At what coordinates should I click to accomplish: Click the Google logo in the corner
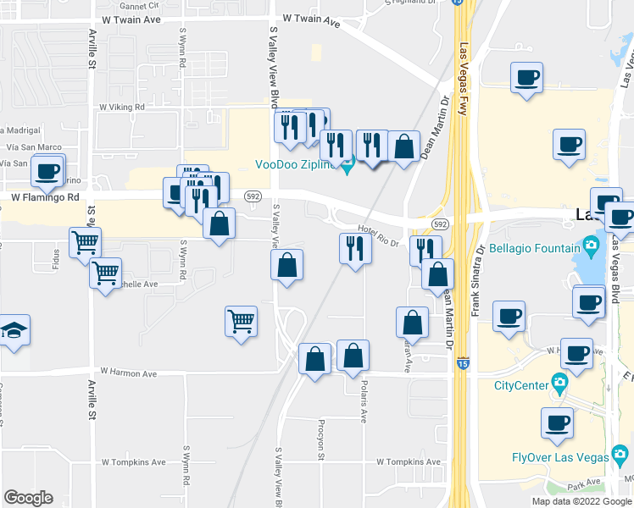28,498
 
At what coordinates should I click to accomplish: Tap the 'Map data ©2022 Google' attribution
581,501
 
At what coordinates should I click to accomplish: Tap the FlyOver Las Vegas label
559,457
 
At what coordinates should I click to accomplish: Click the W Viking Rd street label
122,108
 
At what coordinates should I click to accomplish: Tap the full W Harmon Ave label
129,373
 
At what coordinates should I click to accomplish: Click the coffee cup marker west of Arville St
47,172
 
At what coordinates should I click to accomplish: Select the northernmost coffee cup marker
526,78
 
